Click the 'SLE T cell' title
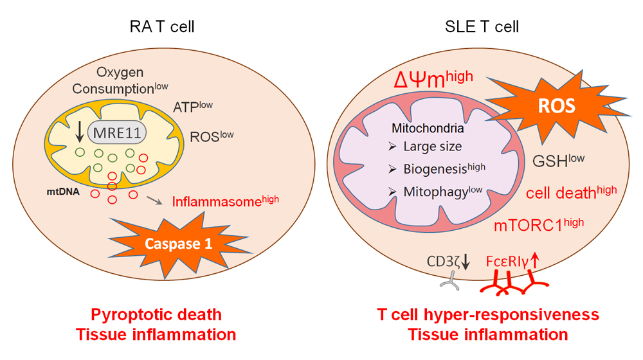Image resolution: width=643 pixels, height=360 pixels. point(482,26)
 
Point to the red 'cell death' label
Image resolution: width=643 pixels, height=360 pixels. point(571,192)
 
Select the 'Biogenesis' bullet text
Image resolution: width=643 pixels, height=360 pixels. point(444,168)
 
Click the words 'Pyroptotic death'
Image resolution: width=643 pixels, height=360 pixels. point(156,315)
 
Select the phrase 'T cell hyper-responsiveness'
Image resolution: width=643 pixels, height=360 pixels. point(487,315)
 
